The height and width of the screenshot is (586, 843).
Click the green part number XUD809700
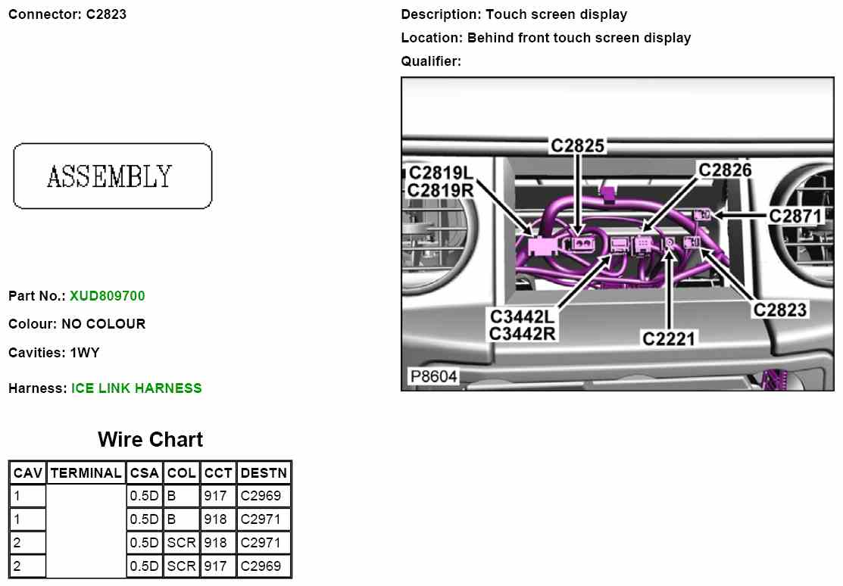(108, 296)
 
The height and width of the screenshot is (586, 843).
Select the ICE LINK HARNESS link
(136, 388)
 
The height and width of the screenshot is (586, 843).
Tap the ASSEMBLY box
(112, 176)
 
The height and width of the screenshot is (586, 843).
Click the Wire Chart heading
(151, 439)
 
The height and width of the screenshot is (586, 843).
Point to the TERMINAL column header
(86, 473)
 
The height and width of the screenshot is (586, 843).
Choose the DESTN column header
(264, 473)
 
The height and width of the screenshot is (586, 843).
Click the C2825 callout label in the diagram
(578, 145)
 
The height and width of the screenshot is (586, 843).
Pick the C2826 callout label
(725, 170)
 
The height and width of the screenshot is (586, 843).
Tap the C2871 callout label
(795, 216)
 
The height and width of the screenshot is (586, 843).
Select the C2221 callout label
(669, 338)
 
